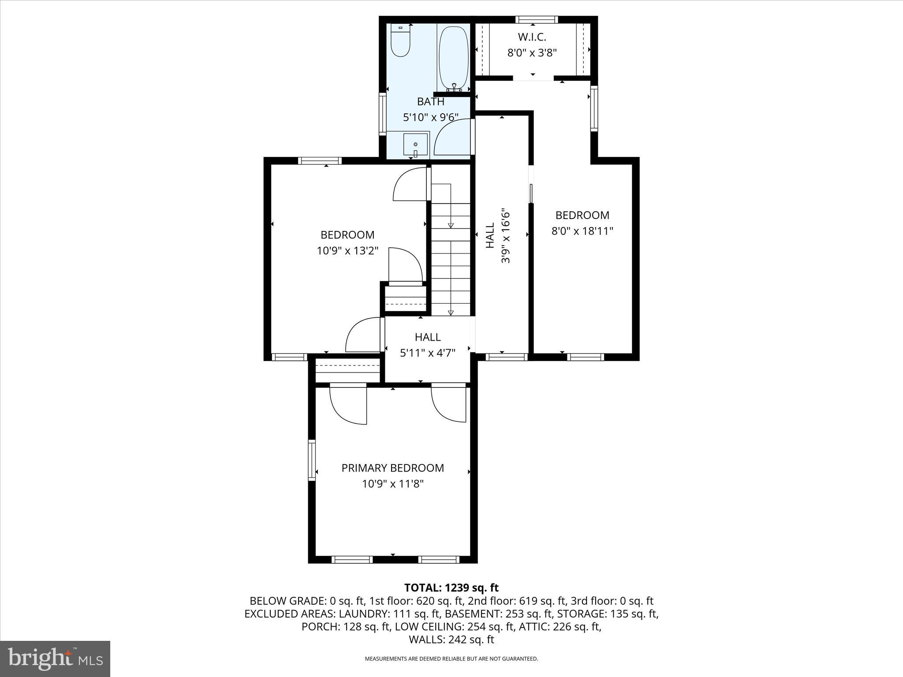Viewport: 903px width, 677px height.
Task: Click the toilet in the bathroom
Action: (400, 41)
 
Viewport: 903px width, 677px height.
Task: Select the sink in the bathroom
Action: (415, 145)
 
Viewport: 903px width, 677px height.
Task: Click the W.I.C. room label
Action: (532, 37)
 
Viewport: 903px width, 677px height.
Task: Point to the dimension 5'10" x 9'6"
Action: (431, 117)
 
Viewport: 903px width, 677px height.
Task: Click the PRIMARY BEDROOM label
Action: (392, 468)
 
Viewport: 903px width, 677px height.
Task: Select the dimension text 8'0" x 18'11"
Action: (582, 231)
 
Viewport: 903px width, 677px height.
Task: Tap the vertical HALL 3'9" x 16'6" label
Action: (498, 236)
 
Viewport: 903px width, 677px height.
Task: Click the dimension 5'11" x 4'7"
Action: (427, 353)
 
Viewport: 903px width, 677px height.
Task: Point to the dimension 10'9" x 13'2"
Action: (347, 251)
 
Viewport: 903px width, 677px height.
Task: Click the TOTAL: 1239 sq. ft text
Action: (451, 588)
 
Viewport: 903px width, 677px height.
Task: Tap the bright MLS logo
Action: (55, 658)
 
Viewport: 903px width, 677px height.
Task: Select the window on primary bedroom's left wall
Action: (312, 460)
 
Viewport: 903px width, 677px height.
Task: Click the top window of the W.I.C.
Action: (536, 19)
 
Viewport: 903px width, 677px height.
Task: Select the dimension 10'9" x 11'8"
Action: (392, 484)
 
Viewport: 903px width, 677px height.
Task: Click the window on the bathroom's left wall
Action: (383, 113)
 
